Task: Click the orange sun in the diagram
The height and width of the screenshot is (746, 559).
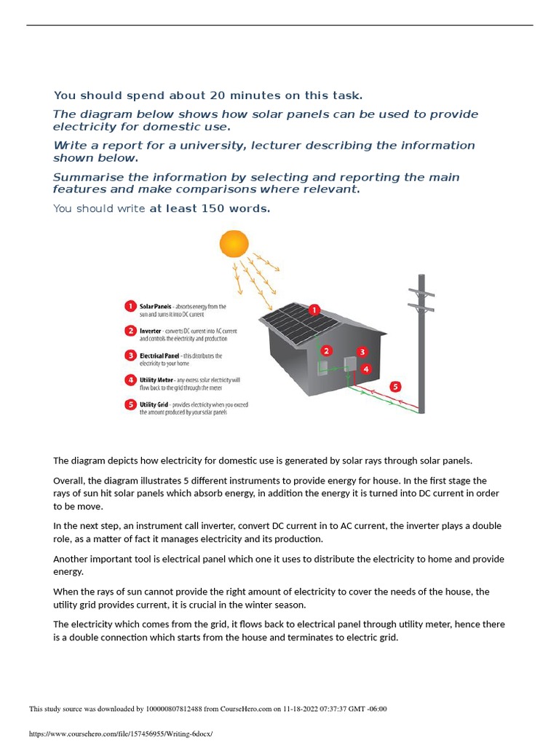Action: click(234, 243)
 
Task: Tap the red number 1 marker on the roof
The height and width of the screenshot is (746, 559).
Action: click(314, 310)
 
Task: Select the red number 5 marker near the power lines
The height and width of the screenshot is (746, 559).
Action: click(395, 387)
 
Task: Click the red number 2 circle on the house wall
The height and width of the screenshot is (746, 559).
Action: click(327, 351)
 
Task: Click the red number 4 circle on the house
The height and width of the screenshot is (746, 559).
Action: click(366, 369)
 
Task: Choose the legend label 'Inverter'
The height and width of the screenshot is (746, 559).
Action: click(151, 331)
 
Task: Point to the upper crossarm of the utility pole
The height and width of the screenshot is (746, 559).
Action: click(421, 293)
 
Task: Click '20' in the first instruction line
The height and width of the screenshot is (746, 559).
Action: click(218, 95)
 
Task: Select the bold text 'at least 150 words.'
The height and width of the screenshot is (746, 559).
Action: click(210, 208)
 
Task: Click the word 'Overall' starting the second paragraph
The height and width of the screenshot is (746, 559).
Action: click(68, 481)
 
